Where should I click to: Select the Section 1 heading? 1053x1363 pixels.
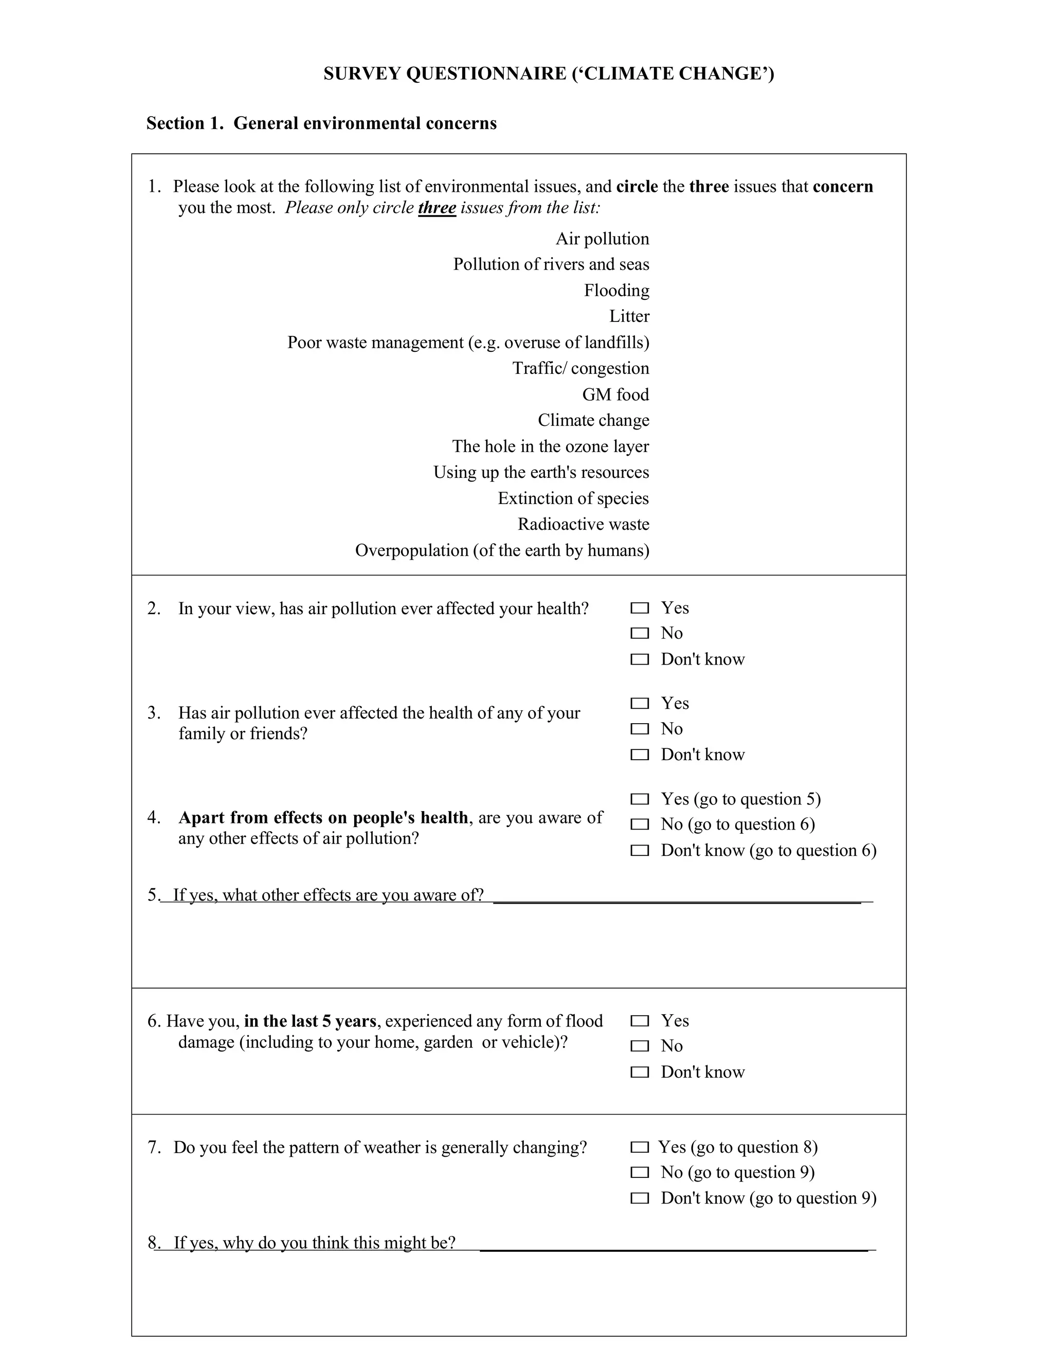[x=321, y=123]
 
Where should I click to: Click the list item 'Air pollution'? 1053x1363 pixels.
[x=602, y=239]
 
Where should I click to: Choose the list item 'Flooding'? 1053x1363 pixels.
[x=616, y=290]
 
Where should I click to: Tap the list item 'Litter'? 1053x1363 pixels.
[x=629, y=316]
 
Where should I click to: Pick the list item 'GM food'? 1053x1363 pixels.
[x=615, y=394]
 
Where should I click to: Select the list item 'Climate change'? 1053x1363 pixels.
[x=593, y=420]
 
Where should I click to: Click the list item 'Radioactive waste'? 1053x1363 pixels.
[x=583, y=524]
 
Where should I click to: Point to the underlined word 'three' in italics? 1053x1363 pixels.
[x=437, y=208]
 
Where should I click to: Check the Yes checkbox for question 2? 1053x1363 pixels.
[x=640, y=608]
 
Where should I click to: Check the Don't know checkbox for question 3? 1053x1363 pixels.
[x=640, y=755]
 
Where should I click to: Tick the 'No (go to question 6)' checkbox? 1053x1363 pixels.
[x=640, y=824]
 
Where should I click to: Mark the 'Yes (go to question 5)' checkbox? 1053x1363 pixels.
[x=640, y=799]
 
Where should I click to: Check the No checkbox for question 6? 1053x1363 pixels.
[x=640, y=1046]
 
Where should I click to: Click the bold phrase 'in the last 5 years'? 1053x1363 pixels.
[x=310, y=1021]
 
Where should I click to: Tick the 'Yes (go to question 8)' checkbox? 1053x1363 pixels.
[x=640, y=1147]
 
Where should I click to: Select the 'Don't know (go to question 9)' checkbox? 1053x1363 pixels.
[x=640, y=1198]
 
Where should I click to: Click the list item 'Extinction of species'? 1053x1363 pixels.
[x=573, y=498]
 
